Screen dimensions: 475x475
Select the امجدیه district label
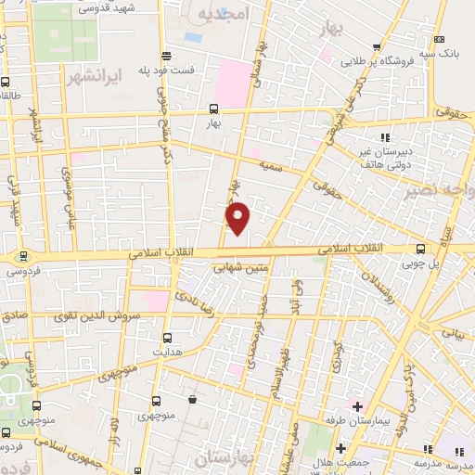click(x=223, y=17)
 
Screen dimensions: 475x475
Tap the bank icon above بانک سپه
click(x=439, y=39)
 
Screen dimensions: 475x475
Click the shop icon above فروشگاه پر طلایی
click(x=377, y=46)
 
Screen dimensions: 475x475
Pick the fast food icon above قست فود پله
click(x=165, y=55)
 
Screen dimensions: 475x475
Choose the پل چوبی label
click(x=423, y=263)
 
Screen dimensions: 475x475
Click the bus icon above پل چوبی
click(x=422, y=249)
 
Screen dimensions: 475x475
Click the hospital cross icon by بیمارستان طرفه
click(x=357, y=406)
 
